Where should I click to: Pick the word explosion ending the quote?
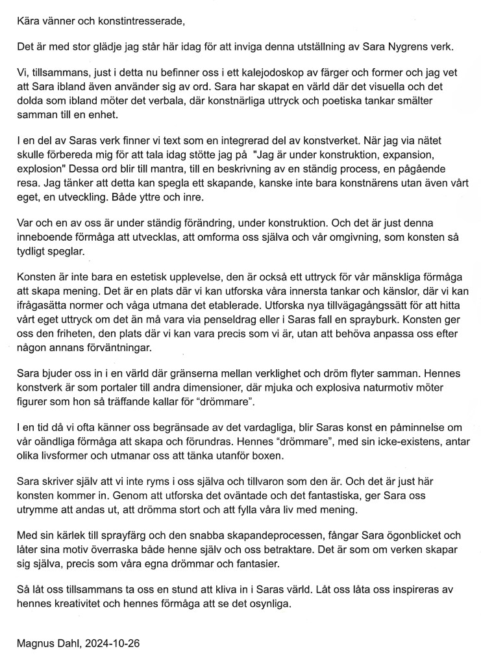(38, 172)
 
